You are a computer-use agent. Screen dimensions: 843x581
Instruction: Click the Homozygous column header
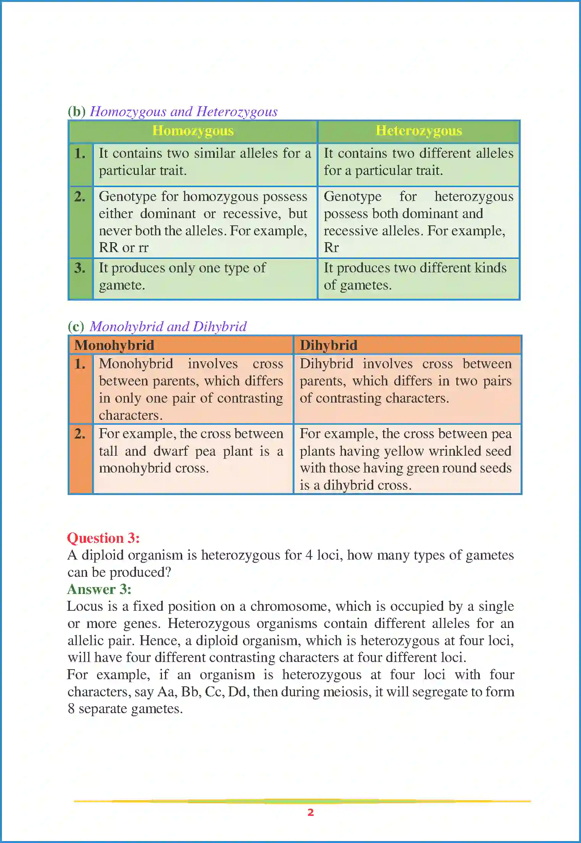(x=193, y=131)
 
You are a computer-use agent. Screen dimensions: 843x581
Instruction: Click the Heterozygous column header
(x=419, y=131)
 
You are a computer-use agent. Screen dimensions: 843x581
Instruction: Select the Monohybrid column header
(x=114, y=345)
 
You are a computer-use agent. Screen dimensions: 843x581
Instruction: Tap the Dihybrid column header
(x=329, y=345)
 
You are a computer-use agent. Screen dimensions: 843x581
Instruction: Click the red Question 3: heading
(x=103, y=538)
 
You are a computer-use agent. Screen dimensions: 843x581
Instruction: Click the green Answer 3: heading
(x=99, y=589)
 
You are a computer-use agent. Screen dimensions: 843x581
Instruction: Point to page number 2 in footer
(x=311, y=812)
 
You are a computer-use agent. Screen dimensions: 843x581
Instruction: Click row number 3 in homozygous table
(x=80, y=268)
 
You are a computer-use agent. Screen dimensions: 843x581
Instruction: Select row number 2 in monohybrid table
(x=80, y=434)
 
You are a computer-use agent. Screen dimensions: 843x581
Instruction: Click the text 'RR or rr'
(x=123, y=248)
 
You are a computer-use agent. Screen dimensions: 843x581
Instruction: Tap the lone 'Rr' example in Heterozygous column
(x=331, y=248)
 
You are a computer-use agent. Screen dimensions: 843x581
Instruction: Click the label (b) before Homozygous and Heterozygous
(x=76, y=112)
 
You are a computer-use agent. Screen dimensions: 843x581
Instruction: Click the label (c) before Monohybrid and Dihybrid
(x=76, y=327)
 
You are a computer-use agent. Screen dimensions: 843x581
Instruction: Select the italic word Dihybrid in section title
(x=220, y=327)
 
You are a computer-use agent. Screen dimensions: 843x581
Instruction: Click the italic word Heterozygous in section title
(x=237, y=112)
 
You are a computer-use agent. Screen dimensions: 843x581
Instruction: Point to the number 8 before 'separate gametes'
(x=71, y=709)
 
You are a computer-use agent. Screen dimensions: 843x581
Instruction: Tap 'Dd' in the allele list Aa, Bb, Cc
(x=237, y=692)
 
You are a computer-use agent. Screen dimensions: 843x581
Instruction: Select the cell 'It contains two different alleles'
(x=418, y=162)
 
